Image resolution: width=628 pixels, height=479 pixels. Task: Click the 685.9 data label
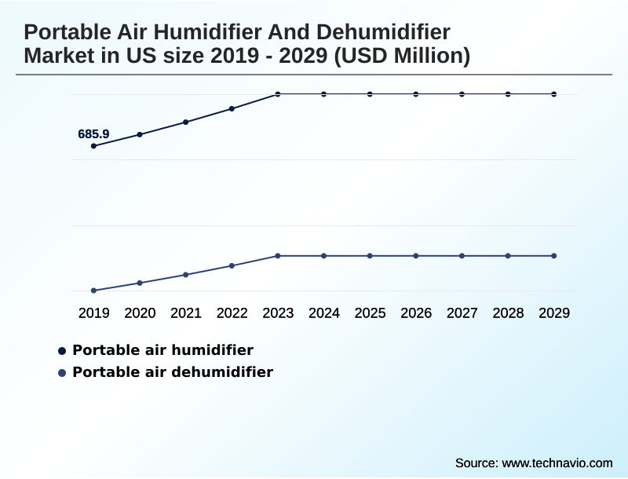coord(93,134)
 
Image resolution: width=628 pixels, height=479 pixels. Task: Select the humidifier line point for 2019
coord(94,146)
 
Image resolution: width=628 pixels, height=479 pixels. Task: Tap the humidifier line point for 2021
coord(186,122)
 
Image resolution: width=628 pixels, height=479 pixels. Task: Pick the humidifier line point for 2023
coord(278,94)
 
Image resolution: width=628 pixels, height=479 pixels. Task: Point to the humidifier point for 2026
coord(416,94)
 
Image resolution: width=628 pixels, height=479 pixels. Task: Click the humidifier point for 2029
coord(554,94)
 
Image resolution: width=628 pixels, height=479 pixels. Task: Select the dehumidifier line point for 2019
coord(94,291)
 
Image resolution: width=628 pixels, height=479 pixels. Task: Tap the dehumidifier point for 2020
coord(140,283)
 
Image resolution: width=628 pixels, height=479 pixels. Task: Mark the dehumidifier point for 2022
coord(232,265)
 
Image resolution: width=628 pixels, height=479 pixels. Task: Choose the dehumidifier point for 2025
coord(370,256)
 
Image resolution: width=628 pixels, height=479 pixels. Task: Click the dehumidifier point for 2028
coord(508,256)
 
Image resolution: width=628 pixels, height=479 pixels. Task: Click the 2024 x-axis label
coord(324,313)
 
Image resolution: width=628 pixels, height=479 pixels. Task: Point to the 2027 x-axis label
coord(462,313)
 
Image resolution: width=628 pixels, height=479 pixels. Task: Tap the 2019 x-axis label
coord(94,313)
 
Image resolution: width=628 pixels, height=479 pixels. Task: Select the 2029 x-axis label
coord(554,313)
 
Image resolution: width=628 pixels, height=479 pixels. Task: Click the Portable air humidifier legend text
coord(162,349)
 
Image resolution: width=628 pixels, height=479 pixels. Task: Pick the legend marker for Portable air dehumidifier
coord(62,372)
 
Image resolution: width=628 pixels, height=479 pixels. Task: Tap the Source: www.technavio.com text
coord(534,463)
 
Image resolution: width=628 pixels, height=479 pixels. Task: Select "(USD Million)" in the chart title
coord(402,57)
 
